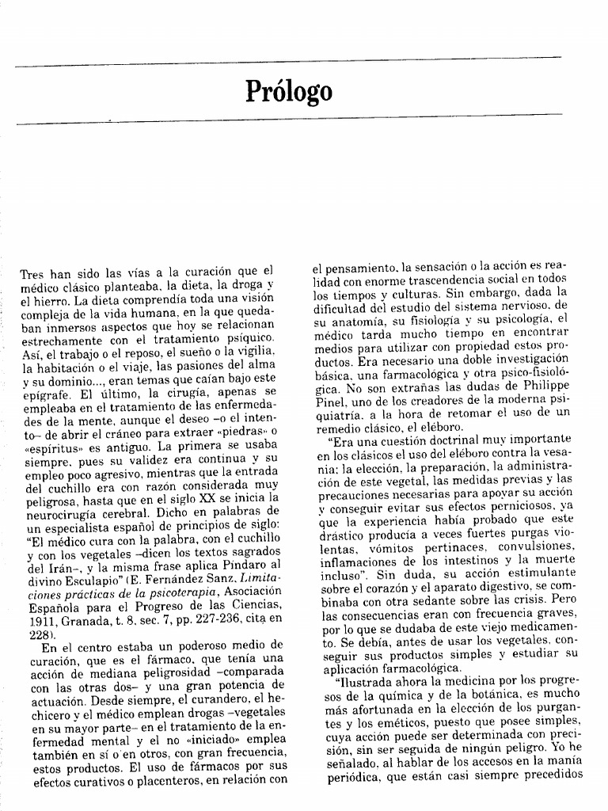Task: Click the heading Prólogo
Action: pyautogui.click(x=288, y=91)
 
